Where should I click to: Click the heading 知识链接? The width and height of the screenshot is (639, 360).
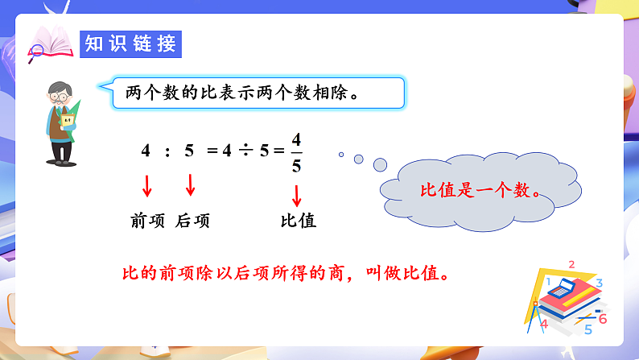point(131,44)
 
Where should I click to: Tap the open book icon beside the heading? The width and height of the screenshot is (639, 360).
point(51,43)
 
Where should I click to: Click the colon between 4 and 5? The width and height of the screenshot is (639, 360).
point(167,151)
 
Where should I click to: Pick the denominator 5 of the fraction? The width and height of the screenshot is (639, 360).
point(296,166)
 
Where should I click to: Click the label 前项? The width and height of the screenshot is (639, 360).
point(147,221)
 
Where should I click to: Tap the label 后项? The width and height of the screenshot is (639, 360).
point(192,221)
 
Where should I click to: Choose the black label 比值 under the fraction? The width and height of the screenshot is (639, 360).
point(297,221)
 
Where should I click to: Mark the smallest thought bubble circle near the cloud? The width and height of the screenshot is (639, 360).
point(341,155)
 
